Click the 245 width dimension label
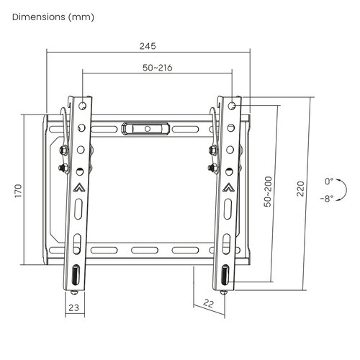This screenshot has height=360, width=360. (x=148, y=46)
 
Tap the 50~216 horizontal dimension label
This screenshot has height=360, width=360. (x=158, y=68)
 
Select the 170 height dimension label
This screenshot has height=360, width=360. (x=18, y=191)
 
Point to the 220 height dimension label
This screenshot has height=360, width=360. (x=300, y=189)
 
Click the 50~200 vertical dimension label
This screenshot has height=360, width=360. (x=268, y=192)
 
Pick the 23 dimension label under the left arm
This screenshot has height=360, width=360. (x=73, y=307)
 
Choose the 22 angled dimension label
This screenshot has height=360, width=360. (x=208, y=304)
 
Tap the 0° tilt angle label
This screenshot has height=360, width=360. (x=329, y=181)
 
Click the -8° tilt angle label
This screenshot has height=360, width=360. (x=327, y=199)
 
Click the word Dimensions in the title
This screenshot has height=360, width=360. (x=39, y=17)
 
